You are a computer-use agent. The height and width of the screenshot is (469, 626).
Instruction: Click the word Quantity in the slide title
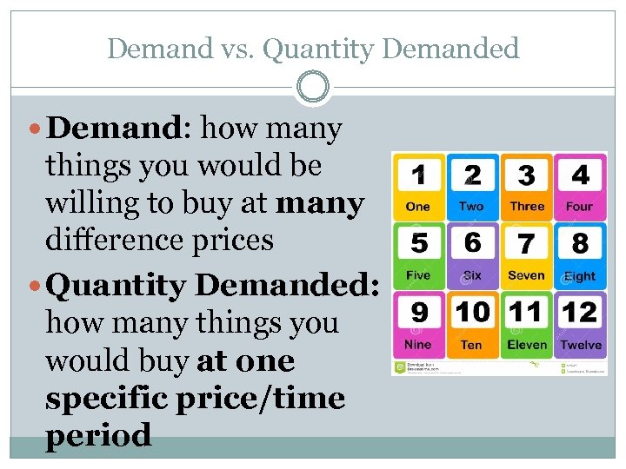pos(318,49)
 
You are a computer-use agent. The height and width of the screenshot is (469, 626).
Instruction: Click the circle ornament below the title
pos(313,87)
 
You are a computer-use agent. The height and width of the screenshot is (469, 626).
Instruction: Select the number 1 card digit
pos(418,175)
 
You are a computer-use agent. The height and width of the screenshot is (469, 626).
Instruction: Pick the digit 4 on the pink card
pos(580,175)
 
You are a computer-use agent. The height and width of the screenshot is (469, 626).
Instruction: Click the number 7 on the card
pos(526,243)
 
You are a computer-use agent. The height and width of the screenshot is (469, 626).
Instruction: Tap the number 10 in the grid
pos(472,311)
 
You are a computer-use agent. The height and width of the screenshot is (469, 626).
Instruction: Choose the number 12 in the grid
pos(580,311)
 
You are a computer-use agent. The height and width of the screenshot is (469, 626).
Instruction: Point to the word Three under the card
pos(527,207)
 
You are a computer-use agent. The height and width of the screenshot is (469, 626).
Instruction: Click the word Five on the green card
pos(418,275)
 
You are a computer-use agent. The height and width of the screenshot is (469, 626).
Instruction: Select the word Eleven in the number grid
pos(527,345)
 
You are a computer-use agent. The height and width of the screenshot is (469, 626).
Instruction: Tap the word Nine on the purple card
pos(418,345)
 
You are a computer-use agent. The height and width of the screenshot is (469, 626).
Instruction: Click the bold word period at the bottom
pos(98,435)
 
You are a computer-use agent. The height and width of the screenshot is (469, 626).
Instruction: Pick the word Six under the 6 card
pos(472,275)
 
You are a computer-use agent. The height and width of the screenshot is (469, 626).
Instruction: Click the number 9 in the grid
pos(418,311)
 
